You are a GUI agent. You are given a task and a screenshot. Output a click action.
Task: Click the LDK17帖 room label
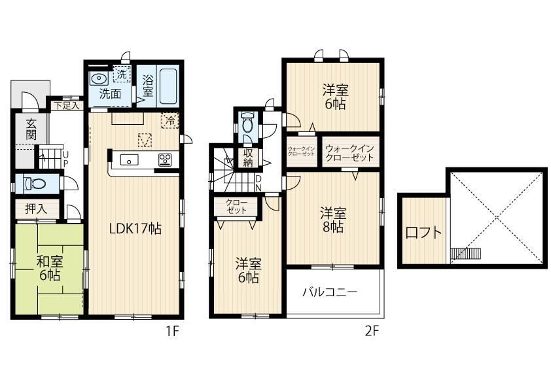(135, 229)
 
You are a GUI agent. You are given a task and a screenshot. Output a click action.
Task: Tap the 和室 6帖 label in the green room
(50, 269)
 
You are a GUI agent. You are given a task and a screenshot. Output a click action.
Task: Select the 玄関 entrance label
(31, 129)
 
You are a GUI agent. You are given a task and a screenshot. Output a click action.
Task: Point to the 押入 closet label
(36, 209)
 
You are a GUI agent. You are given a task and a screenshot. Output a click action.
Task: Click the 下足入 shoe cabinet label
(67, 105)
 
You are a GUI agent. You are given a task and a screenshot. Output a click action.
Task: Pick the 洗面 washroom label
(110, 93)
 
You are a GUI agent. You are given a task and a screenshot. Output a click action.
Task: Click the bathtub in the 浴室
(168, 86)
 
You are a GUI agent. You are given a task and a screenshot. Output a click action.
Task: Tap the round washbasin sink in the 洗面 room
(99, 78)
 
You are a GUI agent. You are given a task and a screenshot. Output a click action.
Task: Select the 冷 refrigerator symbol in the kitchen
(170, 121)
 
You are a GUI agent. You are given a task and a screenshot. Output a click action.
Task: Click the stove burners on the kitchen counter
(165, 160)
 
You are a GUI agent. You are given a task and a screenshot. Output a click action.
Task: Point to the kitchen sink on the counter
(130, 160)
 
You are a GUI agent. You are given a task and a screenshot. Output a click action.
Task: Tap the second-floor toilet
(248, 122)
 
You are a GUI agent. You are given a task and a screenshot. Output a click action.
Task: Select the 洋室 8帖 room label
(333, 220)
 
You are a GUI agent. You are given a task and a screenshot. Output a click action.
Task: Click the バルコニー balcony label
(330, 292)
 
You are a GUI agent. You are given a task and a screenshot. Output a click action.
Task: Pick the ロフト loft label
(423, 233)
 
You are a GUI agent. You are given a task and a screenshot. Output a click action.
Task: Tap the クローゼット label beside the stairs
(236, 207)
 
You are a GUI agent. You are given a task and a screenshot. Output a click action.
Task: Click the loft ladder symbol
(465, 253)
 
